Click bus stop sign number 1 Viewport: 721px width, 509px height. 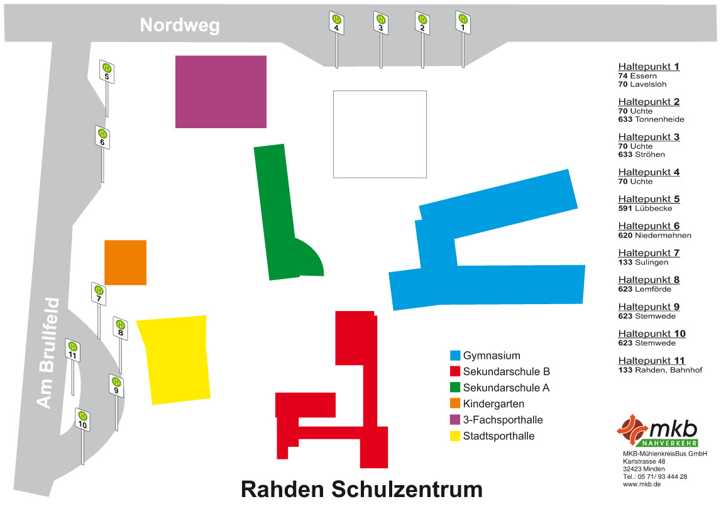click(x=463, y=23)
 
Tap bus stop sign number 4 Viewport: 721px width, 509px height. click(x=337, y=23)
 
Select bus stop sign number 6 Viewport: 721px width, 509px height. click(x=102, y=137)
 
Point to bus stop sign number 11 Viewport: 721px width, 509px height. click(x=73, y=350)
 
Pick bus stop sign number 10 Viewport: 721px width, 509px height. click(x=82, y=419)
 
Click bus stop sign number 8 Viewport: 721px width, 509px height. click(x=121, y=328)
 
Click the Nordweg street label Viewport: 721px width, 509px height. click(x=180, y=25)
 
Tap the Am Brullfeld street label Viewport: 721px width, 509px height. click(x=48, y=353)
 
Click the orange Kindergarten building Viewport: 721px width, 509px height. click(x=125, y=262)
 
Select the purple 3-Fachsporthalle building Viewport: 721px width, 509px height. click(x=221, y=92)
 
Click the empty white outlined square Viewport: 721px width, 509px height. click(x=380, y=134)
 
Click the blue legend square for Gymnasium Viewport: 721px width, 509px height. click(x=455, y=356)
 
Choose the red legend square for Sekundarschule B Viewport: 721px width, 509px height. click(x=455, y=371)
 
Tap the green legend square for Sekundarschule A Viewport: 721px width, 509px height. click(x=455, y=388)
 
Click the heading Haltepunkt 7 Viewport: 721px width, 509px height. click(x=649, y=253)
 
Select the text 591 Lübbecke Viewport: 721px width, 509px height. click(x=645, y=209)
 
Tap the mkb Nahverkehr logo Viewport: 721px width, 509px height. click(x=658, y=431)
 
